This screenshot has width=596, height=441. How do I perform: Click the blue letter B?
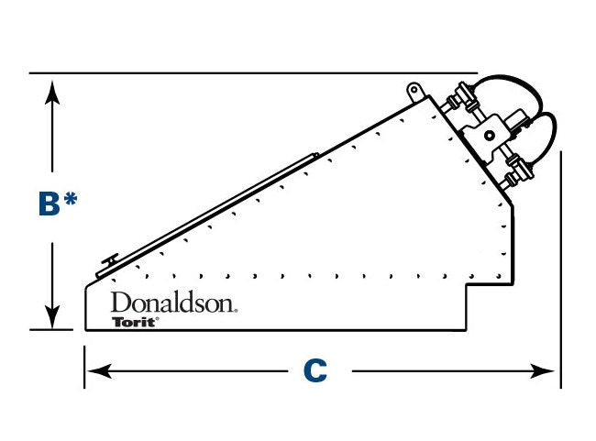[49, 204]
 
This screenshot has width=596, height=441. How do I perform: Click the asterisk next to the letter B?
[70, 200]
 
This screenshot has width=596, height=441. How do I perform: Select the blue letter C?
[315, 371]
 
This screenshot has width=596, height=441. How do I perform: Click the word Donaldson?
[173, 303]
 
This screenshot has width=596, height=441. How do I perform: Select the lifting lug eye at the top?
[414, 90]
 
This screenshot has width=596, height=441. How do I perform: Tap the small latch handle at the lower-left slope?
[107, 260]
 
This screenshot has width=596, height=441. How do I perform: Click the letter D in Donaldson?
[119, 303]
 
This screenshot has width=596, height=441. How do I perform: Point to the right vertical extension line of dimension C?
[560, 275]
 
